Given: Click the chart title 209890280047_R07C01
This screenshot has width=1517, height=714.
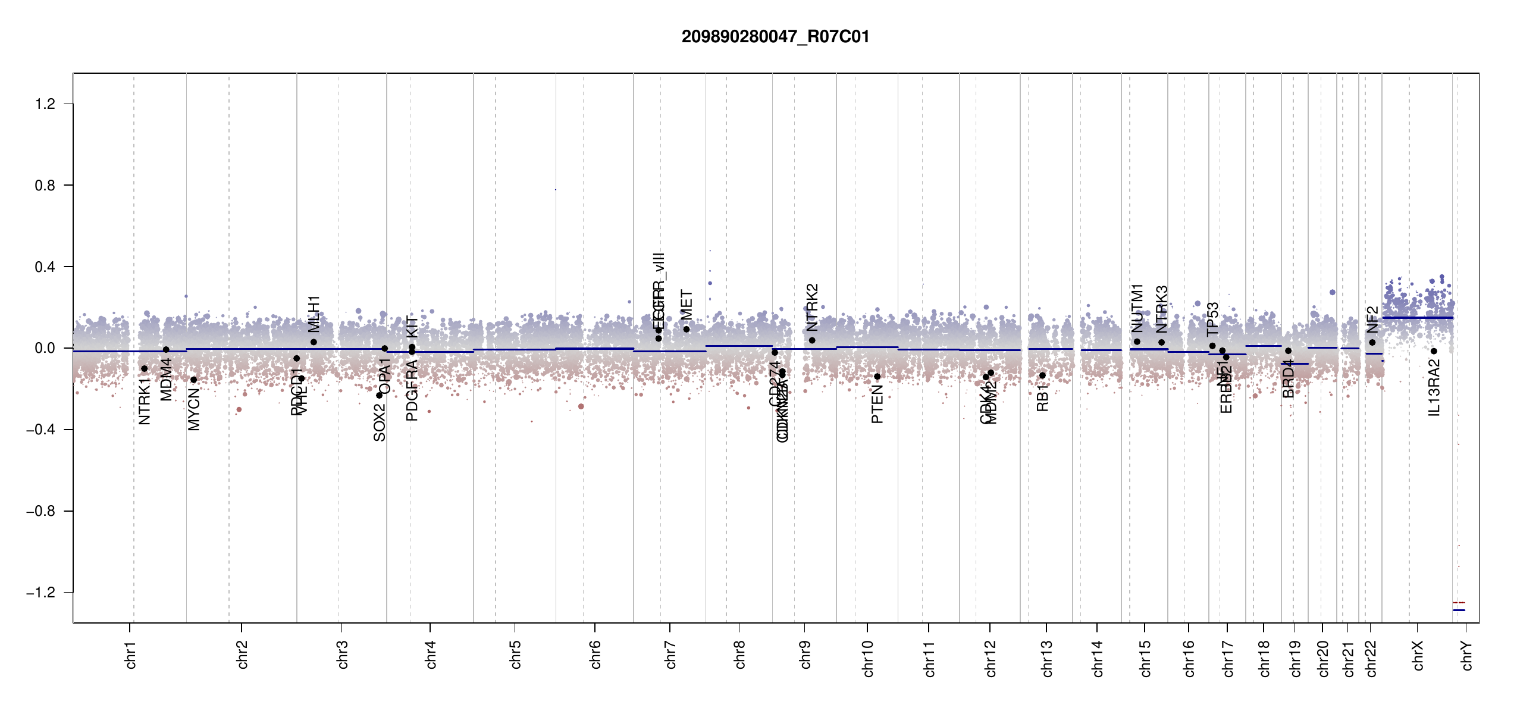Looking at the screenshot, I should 775,37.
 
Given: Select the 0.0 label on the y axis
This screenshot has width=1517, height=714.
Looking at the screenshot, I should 45,348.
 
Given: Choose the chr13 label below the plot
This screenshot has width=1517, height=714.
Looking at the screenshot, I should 1047,658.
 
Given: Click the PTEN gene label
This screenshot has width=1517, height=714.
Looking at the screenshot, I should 877,404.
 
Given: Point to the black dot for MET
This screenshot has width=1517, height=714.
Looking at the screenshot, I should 687,329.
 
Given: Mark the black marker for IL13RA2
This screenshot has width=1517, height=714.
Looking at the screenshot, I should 1434,351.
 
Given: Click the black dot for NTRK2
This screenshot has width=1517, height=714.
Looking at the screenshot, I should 812,340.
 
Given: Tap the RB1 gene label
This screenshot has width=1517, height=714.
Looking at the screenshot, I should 1042,398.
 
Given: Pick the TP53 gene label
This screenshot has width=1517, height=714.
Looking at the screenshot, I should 1212,320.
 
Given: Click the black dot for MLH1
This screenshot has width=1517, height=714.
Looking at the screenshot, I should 314,342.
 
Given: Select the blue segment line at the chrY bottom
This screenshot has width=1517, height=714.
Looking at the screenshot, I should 1459,610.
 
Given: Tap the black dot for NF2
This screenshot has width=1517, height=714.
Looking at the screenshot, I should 1372,342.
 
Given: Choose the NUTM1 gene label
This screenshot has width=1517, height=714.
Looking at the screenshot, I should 1137,308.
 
